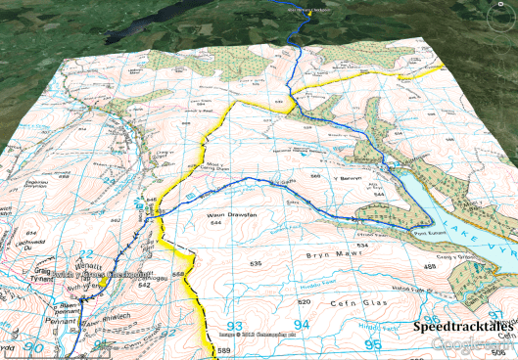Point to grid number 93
(233, 327)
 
